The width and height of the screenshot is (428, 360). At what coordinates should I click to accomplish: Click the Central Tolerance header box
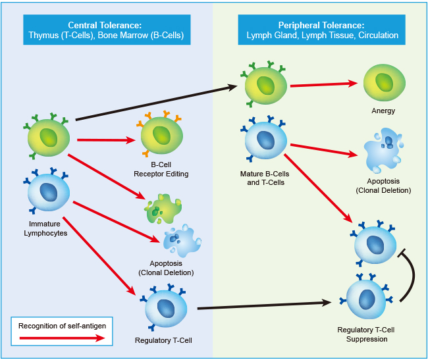pyautogui.click(x=107, y=30)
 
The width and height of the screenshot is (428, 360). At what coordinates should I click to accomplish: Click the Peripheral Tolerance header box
pyautogui.click(x=321, y=30)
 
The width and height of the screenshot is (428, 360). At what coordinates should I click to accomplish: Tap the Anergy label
pyautogui.click(x=383, y=111)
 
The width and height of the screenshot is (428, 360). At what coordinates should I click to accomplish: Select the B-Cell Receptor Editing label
pyautogui.click(x=161, y=169)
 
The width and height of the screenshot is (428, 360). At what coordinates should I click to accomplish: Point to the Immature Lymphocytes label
pyautogui.click(x=45, y=228)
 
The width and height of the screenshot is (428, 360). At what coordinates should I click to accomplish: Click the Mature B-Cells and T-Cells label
pyautogui.click(x=265, y=178)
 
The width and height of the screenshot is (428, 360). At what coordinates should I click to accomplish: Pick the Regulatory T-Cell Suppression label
pyautogui.click(x=366, y=334)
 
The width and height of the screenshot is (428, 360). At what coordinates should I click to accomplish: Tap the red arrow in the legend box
pyautogui.click(x=63, y=338)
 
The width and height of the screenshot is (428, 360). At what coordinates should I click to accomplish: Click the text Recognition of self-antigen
pyautogui.click(x=63, y=326)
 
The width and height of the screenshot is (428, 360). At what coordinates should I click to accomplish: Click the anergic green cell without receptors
pyautogui.click(x=385, y=83)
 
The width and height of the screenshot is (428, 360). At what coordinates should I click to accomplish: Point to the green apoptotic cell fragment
pyautogui.click(x=163, y=209)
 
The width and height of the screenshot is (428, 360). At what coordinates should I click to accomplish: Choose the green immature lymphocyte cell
pyautogui.click(x=48, y=136)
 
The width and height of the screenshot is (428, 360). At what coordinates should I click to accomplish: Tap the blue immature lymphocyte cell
pyautogui.click(x=48, y=192)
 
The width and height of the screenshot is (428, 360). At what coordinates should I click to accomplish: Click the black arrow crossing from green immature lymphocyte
pyautogui.click(x=157, y=103)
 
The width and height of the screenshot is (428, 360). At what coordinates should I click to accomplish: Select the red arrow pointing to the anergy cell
pyautogui.click(x=324, y=84)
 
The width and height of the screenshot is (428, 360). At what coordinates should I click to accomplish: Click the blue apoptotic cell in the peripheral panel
pyautogui.click(x=383, y=151)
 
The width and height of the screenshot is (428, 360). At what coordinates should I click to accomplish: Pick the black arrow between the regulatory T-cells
pyautogui.click(x=265, y=305)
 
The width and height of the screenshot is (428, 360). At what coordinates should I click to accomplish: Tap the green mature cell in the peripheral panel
pyautogui.click(x=265, y=85)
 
